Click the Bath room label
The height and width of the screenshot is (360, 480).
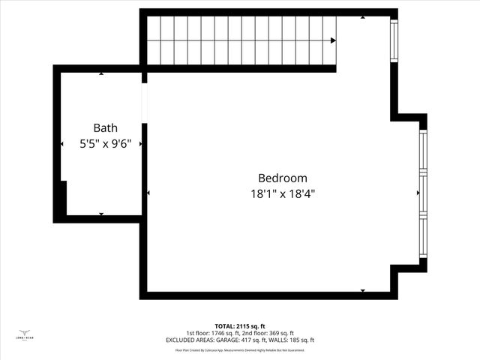click(105, 128)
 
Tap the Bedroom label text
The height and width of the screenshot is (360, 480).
click(283, 178)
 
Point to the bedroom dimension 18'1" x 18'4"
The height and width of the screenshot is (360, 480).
click(283, 193)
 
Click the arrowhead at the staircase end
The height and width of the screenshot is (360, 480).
click(332, 40)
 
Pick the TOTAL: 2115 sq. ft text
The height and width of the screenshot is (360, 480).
click(239, 326)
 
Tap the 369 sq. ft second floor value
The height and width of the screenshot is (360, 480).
click(277, 333)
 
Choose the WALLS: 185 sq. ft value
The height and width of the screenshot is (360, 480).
click(290, 340)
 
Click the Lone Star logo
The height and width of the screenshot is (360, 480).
click(24, 334)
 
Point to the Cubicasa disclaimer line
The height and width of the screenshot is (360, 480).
click(239, 349)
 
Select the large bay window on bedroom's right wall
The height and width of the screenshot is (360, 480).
click(423, 193)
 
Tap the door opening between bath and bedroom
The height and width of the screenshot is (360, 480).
click(144, 102)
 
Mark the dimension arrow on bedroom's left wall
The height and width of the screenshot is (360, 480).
click(148, 193)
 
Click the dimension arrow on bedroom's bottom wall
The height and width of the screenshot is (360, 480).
click(363, 291)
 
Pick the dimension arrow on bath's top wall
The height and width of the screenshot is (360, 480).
click(101, 73)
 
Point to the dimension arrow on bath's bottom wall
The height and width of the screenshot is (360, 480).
click(101, 214)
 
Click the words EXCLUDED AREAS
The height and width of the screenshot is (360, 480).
click(190, 340)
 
